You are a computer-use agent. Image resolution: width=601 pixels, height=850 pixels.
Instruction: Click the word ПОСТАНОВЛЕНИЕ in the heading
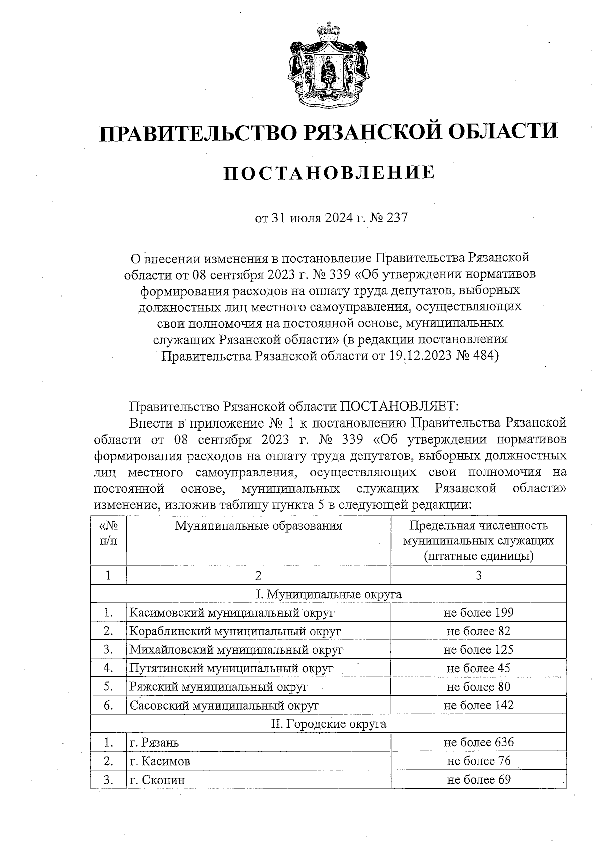(329, 173)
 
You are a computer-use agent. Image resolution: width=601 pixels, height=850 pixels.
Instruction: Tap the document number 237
(398, 218)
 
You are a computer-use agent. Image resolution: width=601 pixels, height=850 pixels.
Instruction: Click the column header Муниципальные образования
(258, 526)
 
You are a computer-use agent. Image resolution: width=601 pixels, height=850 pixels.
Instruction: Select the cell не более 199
(478, 612)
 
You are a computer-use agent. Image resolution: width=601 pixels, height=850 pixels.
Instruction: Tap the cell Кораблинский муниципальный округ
(235, 631)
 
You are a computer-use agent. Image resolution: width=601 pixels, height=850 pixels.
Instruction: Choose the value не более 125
(478, 650)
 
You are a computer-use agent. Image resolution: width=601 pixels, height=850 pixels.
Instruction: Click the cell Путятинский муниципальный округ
(231, 668)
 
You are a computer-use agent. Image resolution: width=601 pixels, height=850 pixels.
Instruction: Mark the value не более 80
(478, 687)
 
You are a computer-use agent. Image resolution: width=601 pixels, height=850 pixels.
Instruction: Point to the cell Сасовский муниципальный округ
(224, 706)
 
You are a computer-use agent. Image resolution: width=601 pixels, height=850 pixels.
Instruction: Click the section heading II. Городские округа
(329, 724)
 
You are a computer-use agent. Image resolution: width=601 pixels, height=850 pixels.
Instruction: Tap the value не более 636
(478, 742)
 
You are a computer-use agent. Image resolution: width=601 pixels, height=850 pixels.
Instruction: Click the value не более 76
(478, 761)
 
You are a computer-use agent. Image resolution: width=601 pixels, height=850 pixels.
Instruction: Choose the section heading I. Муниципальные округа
(329, 594)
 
